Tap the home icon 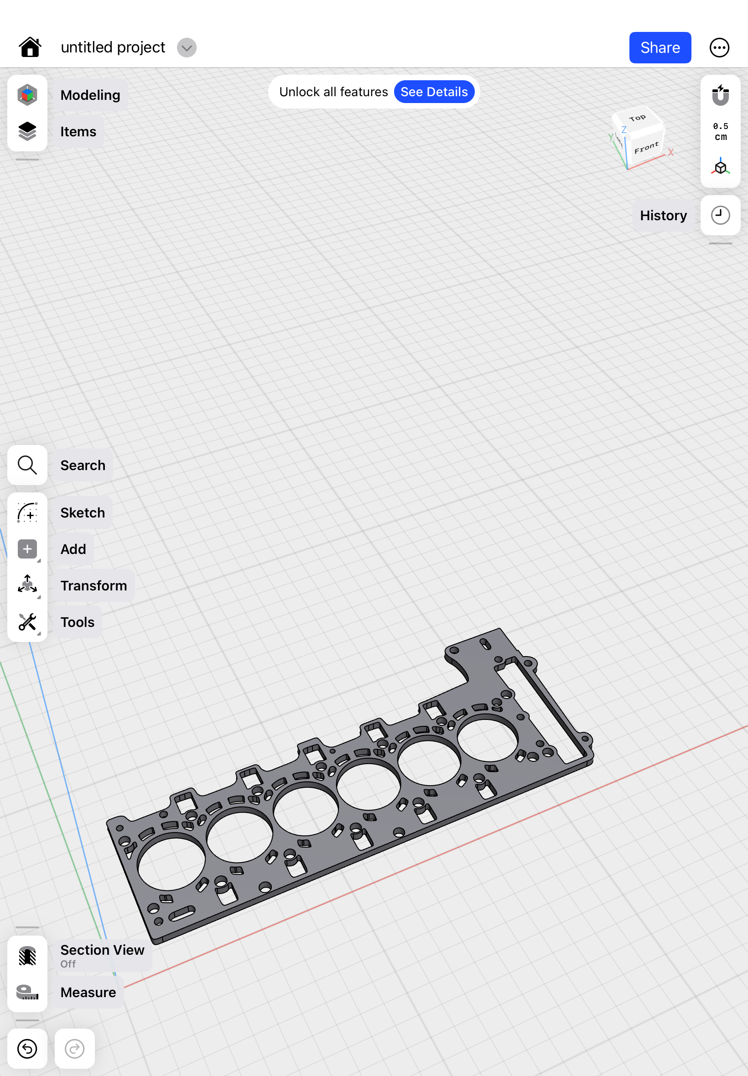pos(30,47)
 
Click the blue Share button pos(660,47)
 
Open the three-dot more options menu pos(719,47)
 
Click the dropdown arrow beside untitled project pos(187,47)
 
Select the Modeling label pos(90,95)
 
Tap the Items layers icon pos(27,131)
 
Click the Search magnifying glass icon pos(27,465)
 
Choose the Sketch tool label pos(83,512)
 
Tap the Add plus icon pos(27,548)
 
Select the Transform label pos(93,585)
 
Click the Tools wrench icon pos(27,621)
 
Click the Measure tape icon pos(27,992)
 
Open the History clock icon pos(720,215)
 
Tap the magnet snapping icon pos(720,95)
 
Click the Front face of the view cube pos(646,148)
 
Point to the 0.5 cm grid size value pos(720,132)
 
